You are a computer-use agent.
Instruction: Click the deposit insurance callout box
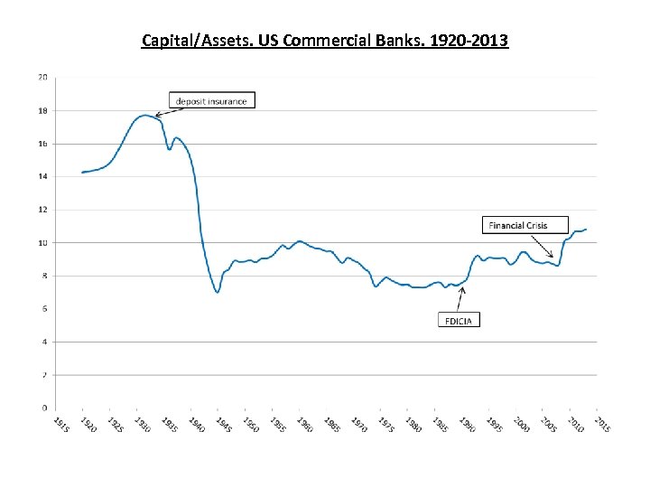coord(211,100)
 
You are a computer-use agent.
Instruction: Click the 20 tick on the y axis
coord(43,78)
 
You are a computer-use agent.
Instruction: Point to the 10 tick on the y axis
coord(43,243)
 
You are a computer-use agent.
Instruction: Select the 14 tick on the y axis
coord(43,177)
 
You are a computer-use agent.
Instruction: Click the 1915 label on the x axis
coord(59,424)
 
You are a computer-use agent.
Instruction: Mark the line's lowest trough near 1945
coord(218,292)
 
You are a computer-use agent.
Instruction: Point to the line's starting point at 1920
coord(82,172)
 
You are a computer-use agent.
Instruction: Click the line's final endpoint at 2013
coord(586,230)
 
